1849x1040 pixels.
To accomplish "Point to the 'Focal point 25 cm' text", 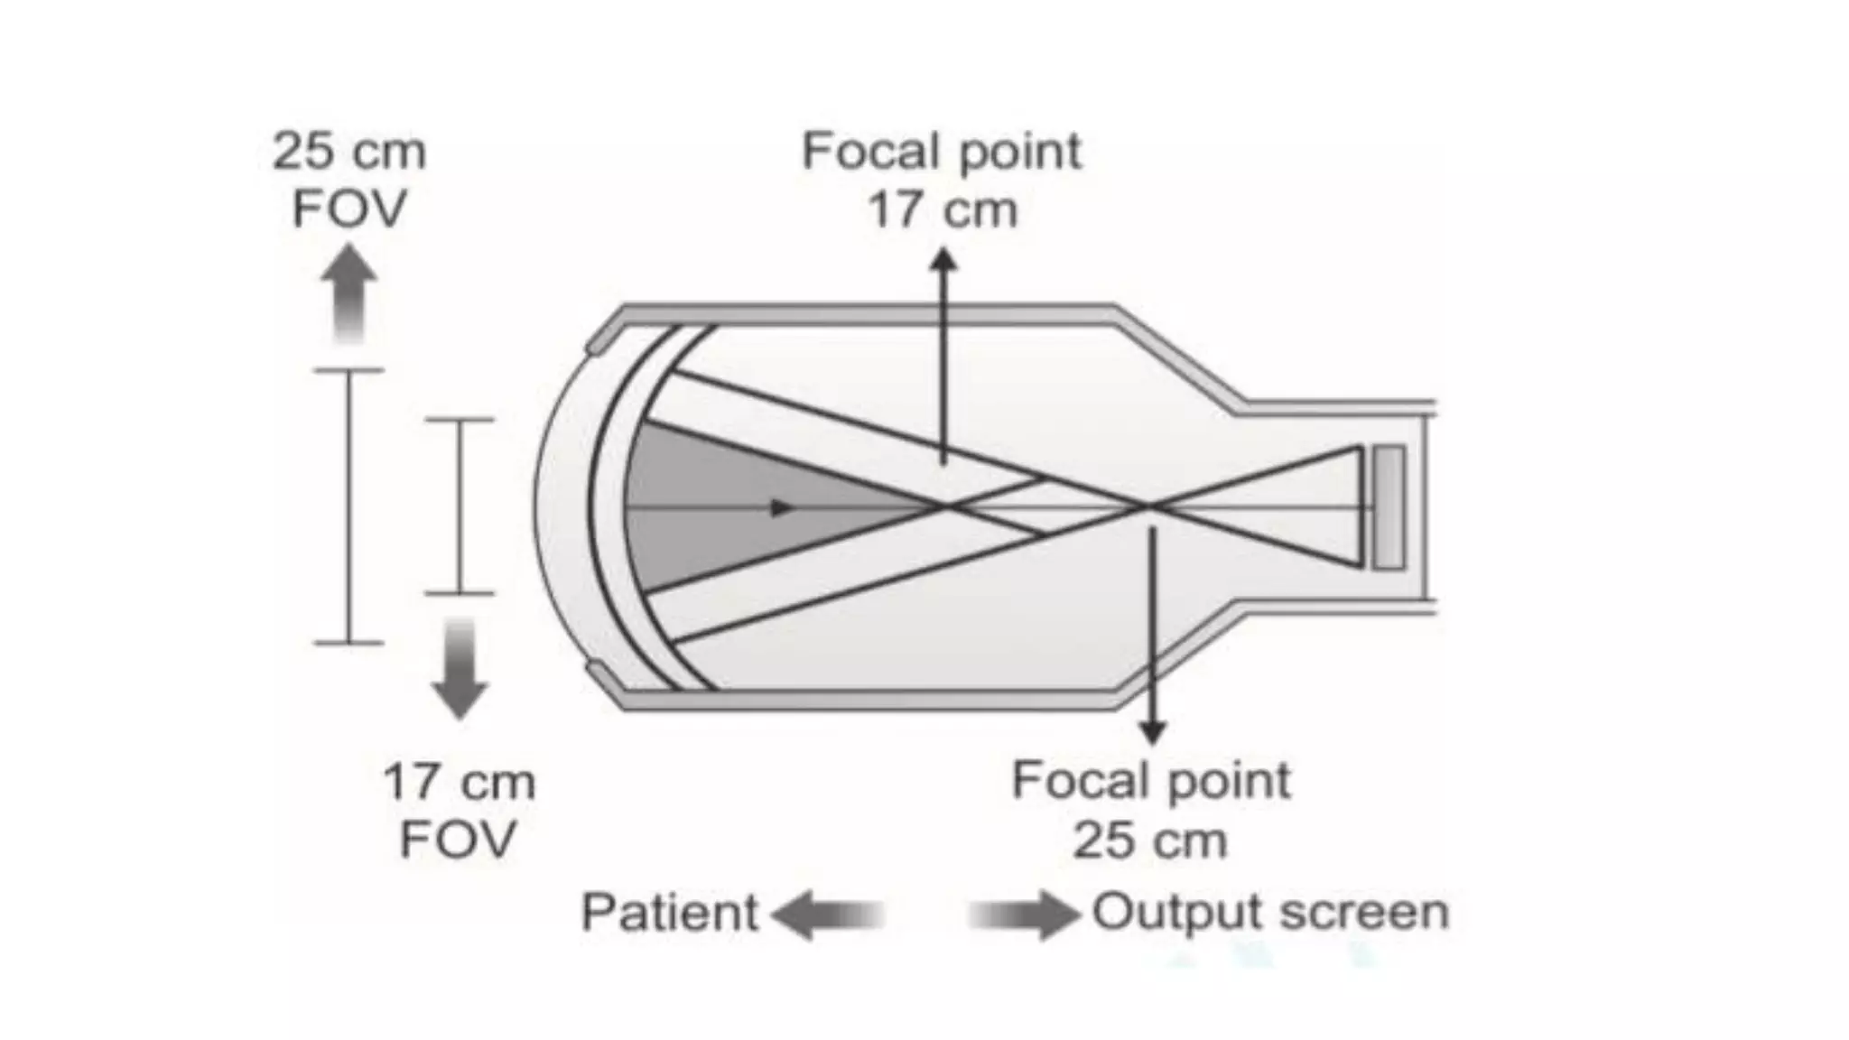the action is (1150, 810).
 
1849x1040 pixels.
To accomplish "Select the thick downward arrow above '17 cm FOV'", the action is (460, 668).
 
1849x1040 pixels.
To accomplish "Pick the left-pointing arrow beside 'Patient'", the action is (826, 915).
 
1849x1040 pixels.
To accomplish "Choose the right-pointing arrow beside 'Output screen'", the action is (1025, 915).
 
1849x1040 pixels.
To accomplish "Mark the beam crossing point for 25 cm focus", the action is (1148, 506).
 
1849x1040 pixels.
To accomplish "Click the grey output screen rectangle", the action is (1389, 507).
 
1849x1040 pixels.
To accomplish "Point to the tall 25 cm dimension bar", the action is (348, 506).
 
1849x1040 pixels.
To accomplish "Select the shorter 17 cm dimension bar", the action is (460, 506).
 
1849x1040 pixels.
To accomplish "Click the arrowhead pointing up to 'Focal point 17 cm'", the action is (943, 261).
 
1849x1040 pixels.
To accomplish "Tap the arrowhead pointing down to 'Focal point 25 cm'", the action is (1151, 732).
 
